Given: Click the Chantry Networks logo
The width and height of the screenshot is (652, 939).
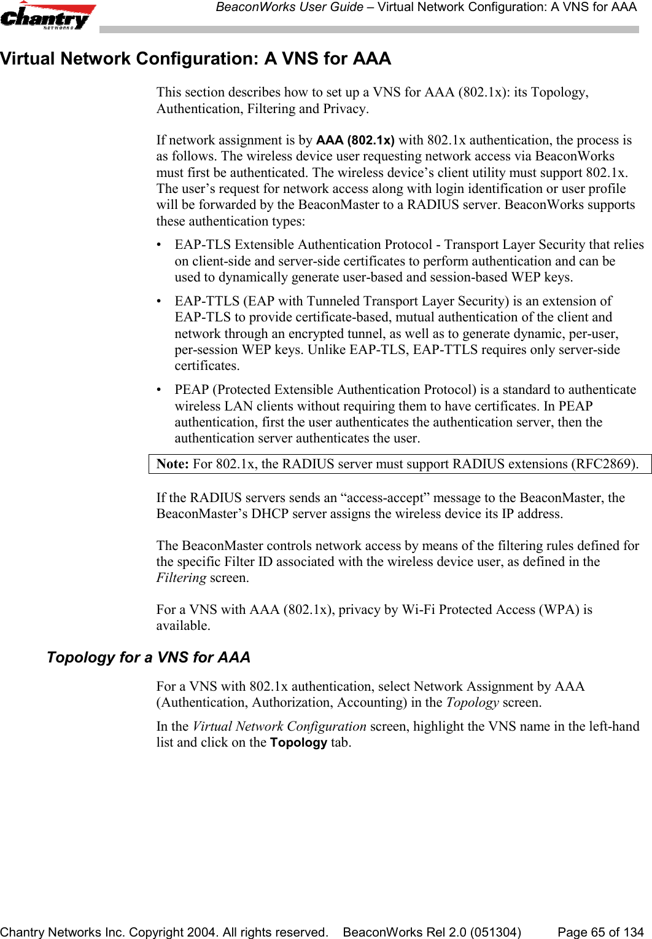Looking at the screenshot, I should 48,16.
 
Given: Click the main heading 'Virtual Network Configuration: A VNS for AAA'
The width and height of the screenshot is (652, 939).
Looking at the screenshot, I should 195,59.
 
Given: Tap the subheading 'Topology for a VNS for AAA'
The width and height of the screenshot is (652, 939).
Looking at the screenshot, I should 149,658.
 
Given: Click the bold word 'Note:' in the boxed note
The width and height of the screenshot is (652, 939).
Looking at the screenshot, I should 173,464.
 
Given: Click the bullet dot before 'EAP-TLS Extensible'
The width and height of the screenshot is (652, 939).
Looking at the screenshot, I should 160,245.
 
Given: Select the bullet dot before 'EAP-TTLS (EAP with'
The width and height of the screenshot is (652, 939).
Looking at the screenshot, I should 160,302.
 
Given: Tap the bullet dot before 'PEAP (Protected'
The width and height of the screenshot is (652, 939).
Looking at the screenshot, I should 160,390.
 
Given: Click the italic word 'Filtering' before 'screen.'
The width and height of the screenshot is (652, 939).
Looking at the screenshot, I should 181,578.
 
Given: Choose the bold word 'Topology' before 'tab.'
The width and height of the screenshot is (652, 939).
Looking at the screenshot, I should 298,742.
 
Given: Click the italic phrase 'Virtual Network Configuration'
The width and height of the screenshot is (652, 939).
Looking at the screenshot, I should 279,726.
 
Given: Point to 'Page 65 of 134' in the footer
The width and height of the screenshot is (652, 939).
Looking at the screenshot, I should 600,932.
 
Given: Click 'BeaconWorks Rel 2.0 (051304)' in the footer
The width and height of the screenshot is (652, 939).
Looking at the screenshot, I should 432,932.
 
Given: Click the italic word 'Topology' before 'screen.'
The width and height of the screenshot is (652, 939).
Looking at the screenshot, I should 472,702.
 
